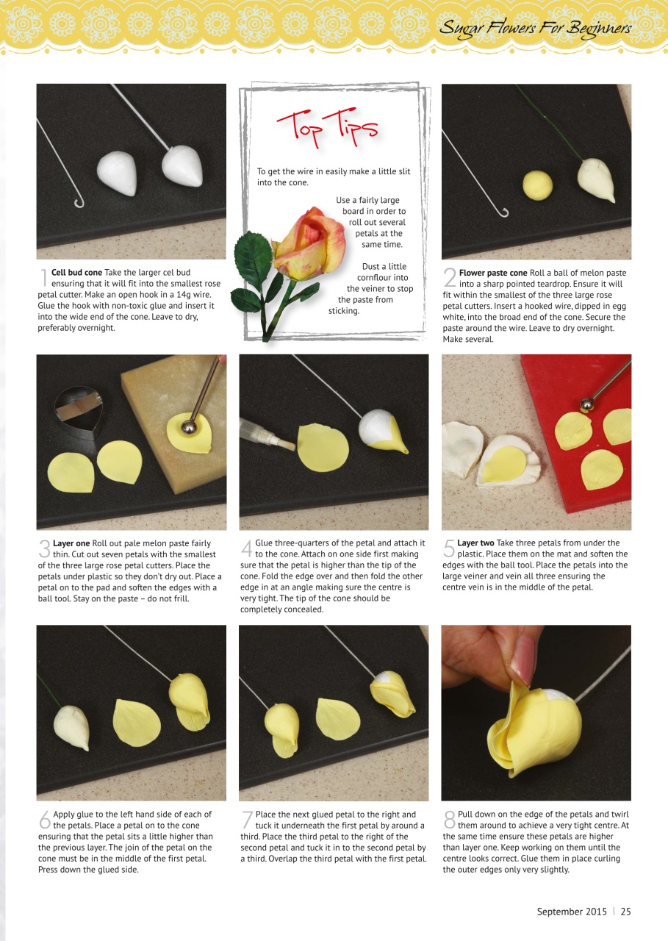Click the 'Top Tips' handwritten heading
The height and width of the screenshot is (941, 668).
327,126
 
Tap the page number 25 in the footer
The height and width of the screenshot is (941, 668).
625,912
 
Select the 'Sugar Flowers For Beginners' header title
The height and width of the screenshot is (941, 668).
534,29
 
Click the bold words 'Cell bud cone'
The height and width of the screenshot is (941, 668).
76,273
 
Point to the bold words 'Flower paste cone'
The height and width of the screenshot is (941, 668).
492,273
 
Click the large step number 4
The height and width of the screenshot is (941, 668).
247,548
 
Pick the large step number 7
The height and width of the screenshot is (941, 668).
247,820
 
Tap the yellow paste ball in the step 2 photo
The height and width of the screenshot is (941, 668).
537,185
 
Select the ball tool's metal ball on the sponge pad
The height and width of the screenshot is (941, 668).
189,426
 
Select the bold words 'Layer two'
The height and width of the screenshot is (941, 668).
475,543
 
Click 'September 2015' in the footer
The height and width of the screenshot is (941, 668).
572,912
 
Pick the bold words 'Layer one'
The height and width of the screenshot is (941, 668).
71,543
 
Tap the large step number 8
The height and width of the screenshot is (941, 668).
449,820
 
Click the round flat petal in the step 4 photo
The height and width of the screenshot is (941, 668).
322,447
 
